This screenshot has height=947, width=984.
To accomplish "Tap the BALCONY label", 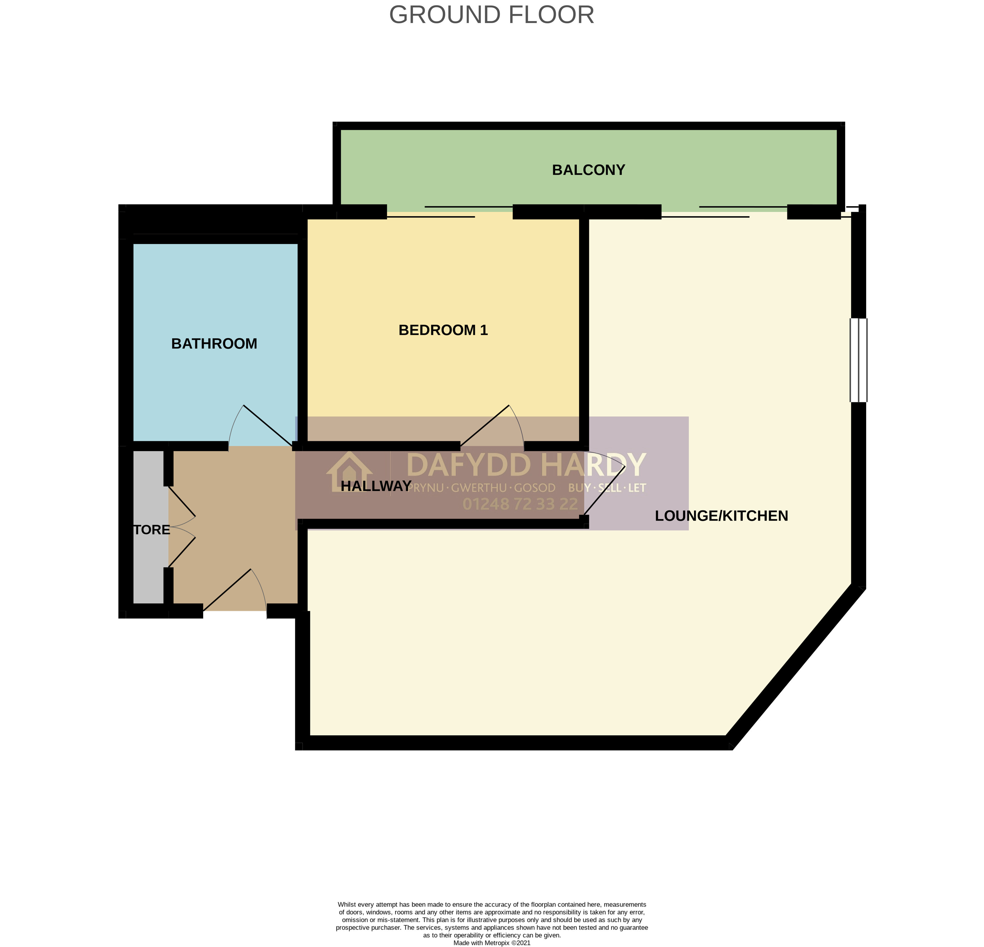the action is [x=588, y=170].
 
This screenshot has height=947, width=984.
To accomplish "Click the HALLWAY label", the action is [x=376, y=486].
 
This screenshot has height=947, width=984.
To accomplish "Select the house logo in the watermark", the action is [x=349, y=472].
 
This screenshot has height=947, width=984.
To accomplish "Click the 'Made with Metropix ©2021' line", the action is [x=492, y=943].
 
